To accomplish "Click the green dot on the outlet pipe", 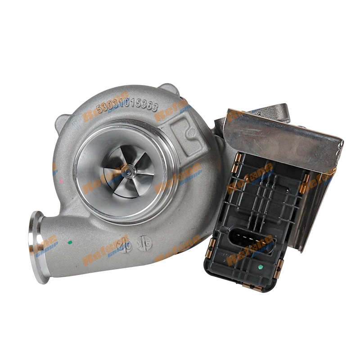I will click(70, 242).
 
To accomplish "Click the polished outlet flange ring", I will click(38, 247).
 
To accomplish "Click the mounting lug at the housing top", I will click(169, 90).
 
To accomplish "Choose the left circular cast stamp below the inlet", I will click(128, 245).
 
